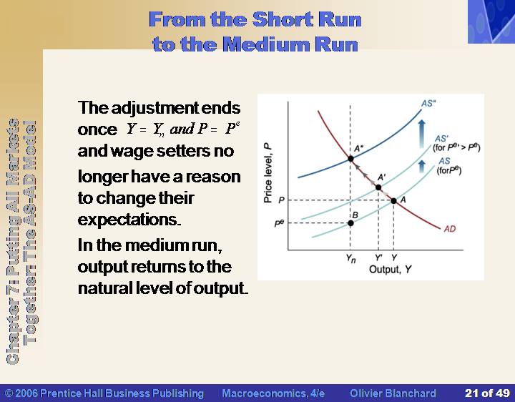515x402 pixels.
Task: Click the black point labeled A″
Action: pyautogui.click(x=350, y=159)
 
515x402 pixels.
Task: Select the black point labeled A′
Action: pyautogui.click(x=378, y=187)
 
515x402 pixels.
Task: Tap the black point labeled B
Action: pyautogui.click(x=350, y=223)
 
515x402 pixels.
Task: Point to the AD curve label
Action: pyautogui.click(x=450, y=229)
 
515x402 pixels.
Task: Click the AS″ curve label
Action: pyautogui.click(x=428, y=104)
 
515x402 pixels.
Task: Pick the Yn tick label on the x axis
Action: pyautogui.click(x=350, y=258)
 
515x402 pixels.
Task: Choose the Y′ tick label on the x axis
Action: pyautogui.click(x=378, y=258)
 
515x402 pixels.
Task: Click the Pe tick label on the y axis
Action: pyautogui.click(x=279, y=223)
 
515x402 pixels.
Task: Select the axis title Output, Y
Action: pyautogui.click(x=391, y=270)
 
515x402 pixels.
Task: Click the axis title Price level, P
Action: pyautogui.click(x=268, y=173)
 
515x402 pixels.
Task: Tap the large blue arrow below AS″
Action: pyautogui.click(x=422, y=134)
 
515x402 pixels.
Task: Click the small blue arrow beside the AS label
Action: pyautogui.click(x=422, y=166)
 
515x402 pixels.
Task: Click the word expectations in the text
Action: pyautogui.click(x=129, y=220)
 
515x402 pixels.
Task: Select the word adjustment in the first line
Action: pyautogui.click(x=155, y=108)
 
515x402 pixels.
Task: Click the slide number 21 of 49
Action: pyautogui.click(x=487, y=393)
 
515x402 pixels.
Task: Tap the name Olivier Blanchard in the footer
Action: pyautogui.click(x=393, y=393)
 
